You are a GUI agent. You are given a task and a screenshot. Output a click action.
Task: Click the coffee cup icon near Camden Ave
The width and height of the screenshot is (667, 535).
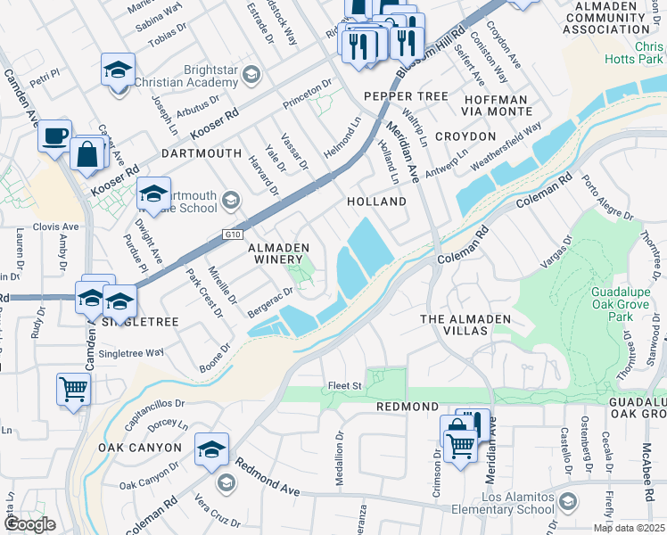click(55, 136)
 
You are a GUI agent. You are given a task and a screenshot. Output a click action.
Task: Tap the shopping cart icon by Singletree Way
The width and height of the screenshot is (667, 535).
click(73, 389)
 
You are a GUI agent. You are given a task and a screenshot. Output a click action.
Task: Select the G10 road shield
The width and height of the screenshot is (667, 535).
click(233, 235)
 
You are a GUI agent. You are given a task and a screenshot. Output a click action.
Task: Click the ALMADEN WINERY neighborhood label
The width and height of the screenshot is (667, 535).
click(279, 253)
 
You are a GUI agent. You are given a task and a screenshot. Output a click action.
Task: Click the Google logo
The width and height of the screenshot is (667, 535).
click(29, 525)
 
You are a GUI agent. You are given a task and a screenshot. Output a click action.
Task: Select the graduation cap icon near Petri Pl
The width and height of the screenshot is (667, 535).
click(118, 70)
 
